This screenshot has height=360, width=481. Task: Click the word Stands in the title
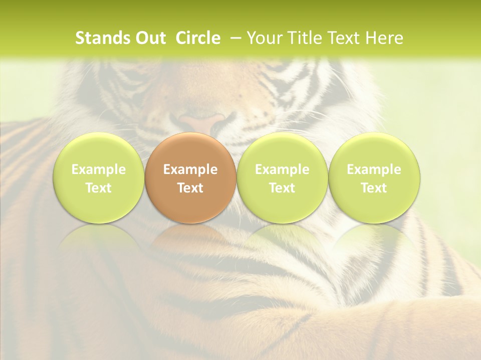(102, 38)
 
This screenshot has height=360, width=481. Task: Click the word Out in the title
(151, 38)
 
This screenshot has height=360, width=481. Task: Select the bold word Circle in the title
(198, 38)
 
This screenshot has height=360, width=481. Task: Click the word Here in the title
(384, 38)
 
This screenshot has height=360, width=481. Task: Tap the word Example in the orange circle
(190, 169)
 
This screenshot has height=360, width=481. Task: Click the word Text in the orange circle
(190, 188)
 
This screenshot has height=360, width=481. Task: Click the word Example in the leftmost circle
(98, 169)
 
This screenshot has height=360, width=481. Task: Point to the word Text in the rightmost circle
(374, 188)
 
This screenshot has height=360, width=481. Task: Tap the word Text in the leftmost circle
(98, 188)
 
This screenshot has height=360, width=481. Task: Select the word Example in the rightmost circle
(374, 169)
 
